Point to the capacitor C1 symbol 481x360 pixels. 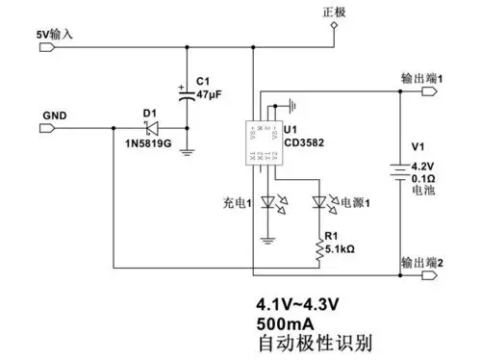pos(183,93)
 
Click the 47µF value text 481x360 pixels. pos(210,96)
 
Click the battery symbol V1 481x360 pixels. pos(398,169)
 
